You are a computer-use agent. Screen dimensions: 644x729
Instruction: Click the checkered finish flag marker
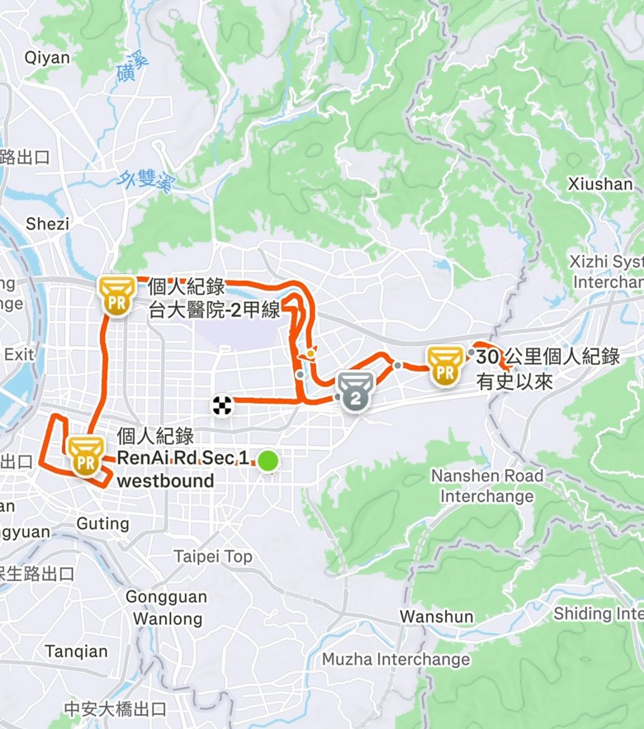pos(221,405)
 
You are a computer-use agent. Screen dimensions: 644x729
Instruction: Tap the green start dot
pos(267,462)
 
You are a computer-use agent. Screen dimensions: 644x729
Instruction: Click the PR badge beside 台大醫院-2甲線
pos(116,295)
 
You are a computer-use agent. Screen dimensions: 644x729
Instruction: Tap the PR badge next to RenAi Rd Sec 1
pos(84,456)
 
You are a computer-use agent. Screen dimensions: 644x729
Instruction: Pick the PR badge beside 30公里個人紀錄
pos(445,365)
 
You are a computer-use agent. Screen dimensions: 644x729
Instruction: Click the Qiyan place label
pos(47,58)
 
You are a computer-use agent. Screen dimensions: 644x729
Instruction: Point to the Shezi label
pos(47,224)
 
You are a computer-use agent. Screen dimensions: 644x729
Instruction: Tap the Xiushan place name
pos(600,184)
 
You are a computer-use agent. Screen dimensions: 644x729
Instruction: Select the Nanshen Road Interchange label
pos(487,486)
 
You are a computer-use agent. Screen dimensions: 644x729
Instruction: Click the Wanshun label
pos(437,617)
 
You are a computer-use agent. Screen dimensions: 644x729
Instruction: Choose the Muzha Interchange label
pos(395,660)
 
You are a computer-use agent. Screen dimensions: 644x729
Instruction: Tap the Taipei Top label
pos(213,556)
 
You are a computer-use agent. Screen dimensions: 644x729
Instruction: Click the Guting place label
pos(102,523)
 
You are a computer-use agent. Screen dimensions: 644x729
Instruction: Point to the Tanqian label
pos(76,651)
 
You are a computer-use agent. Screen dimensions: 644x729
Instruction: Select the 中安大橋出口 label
pos(116,708)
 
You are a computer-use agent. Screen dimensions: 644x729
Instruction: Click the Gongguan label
pos(166,597)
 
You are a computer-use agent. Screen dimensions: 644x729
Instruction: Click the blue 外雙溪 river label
pos(145,181)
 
